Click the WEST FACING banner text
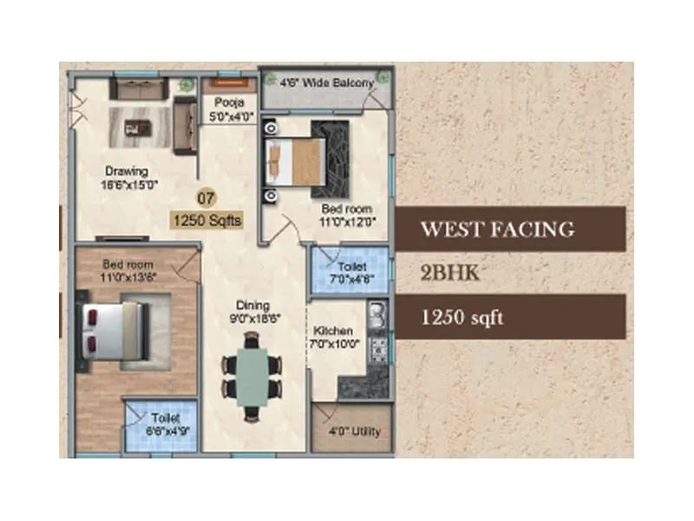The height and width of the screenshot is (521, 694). pyautogui.click(x=497, y=229)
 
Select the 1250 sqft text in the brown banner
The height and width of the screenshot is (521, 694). pyautogui.click(x=462, y=318)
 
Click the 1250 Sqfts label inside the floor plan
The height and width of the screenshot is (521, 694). pyautogui.click(x=206, y=221)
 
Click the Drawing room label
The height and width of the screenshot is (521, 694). pyautogui.click(x=127, y=177)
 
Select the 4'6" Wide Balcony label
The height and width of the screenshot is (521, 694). pyautogui.click(x=326, y=83)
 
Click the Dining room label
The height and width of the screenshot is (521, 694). pyautogui.click(x=254, y=312)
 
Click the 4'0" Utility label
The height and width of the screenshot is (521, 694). pyautogui.click(x=354, y=432)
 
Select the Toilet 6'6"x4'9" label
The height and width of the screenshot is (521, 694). pyautogui.click(x=165, y=423)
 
